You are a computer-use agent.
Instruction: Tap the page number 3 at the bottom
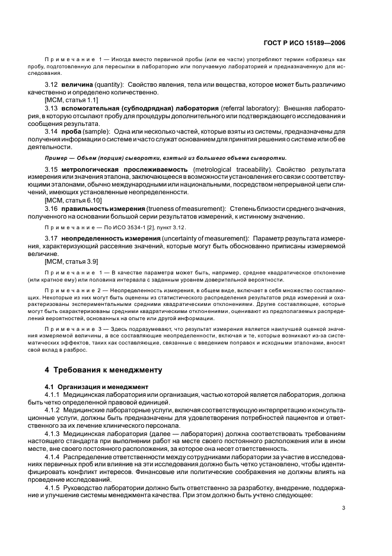coord(344,507)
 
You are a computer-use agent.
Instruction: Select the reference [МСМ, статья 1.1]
coord(71,101)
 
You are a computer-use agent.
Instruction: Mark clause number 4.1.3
coord(55,432)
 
